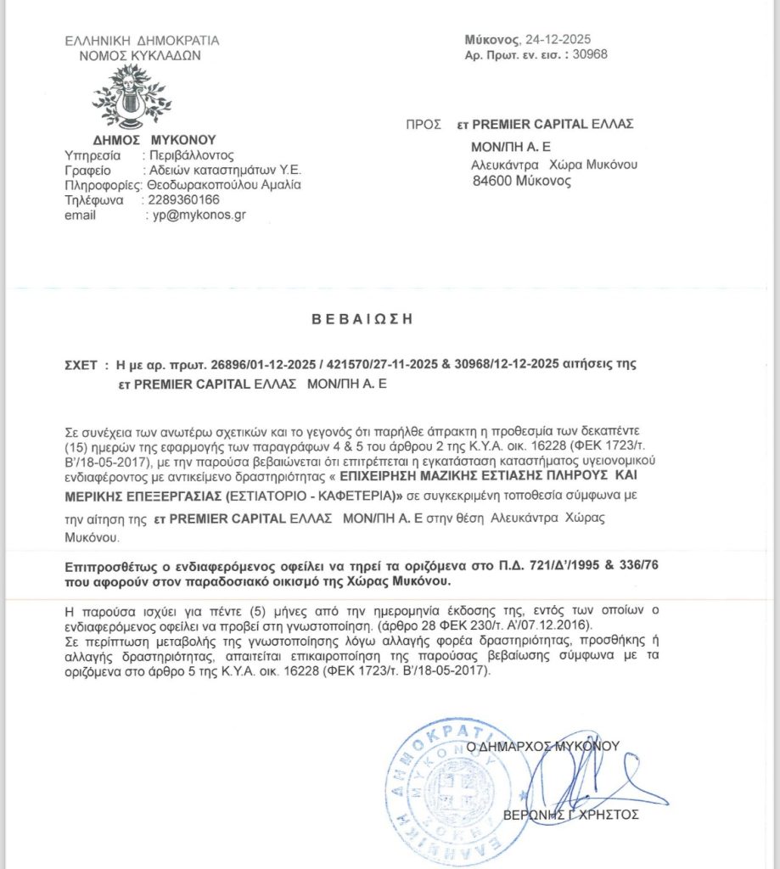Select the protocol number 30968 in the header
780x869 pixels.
coord(591,54)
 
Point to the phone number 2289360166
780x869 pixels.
coord(183,199)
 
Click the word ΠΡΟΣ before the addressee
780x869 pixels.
coord(422,124)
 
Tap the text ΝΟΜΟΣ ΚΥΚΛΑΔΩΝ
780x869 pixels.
coord(143,55)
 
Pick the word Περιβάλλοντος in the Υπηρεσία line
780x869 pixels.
coord(193,154)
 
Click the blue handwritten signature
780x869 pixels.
coord(586,776)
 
